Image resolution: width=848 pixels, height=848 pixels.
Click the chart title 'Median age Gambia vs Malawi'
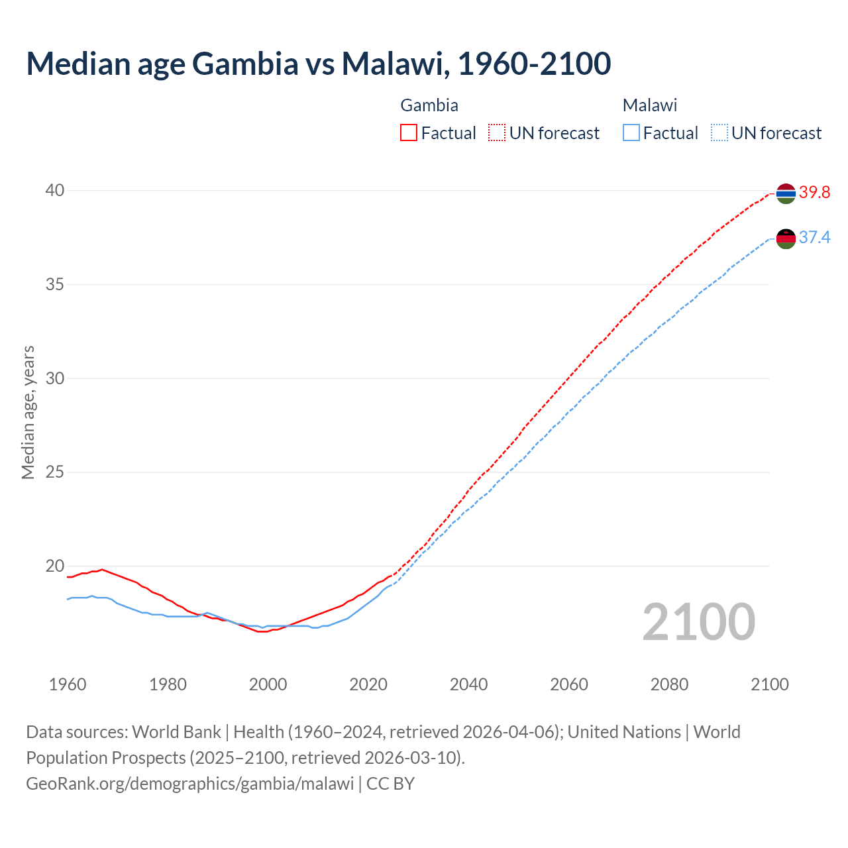tap(318, 64)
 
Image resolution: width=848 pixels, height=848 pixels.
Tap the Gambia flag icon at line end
tap(786, 193)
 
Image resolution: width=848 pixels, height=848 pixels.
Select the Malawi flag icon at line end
tap(786, 238)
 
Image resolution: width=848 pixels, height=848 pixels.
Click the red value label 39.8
tap(814, 193)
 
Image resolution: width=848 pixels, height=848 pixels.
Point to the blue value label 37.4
tap(814, 238)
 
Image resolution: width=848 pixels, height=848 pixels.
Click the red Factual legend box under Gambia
tap(409, 133)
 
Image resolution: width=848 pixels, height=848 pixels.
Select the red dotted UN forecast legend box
tap(497, 133)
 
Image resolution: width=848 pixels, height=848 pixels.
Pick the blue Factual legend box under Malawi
tap(631, 133)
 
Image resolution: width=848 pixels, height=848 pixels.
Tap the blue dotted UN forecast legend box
tap(719, 133)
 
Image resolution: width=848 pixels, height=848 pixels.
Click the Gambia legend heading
tap(429, 105)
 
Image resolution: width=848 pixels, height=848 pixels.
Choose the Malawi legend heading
tap(650, 105)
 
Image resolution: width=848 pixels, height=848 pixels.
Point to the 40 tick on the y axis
tap(55, 191)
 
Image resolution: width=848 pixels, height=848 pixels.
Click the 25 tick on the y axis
tap(55, 472)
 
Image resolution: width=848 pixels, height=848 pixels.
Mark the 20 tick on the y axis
tap(55, 566)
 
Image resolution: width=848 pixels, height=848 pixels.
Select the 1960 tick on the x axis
tap(68, 684)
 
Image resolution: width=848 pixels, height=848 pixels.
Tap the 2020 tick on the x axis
tap(368, 684)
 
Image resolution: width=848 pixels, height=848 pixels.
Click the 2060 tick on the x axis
tap(569, 684)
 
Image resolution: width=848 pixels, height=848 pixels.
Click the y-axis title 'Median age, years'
tap(28, 412)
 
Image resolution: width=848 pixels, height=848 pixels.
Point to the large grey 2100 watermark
tap(699, 621)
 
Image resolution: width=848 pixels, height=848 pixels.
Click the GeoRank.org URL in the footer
tap(190, 784)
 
